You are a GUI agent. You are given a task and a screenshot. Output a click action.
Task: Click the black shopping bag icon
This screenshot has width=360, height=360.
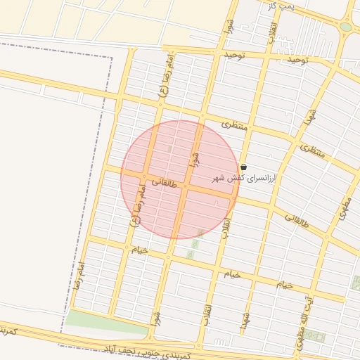tap(243, 167)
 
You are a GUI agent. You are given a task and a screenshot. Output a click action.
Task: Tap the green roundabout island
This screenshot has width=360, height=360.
tap(345, 27)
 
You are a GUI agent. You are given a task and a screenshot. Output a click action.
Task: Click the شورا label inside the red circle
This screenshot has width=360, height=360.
tap(195, 158)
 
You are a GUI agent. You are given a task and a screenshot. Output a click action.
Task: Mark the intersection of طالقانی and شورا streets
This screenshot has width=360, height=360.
tap(184, 188)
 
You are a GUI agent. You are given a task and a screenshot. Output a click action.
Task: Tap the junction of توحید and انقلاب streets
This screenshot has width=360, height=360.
tap(266, 56)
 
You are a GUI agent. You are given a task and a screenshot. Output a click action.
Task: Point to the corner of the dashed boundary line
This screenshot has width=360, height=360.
tap(111, 56)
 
